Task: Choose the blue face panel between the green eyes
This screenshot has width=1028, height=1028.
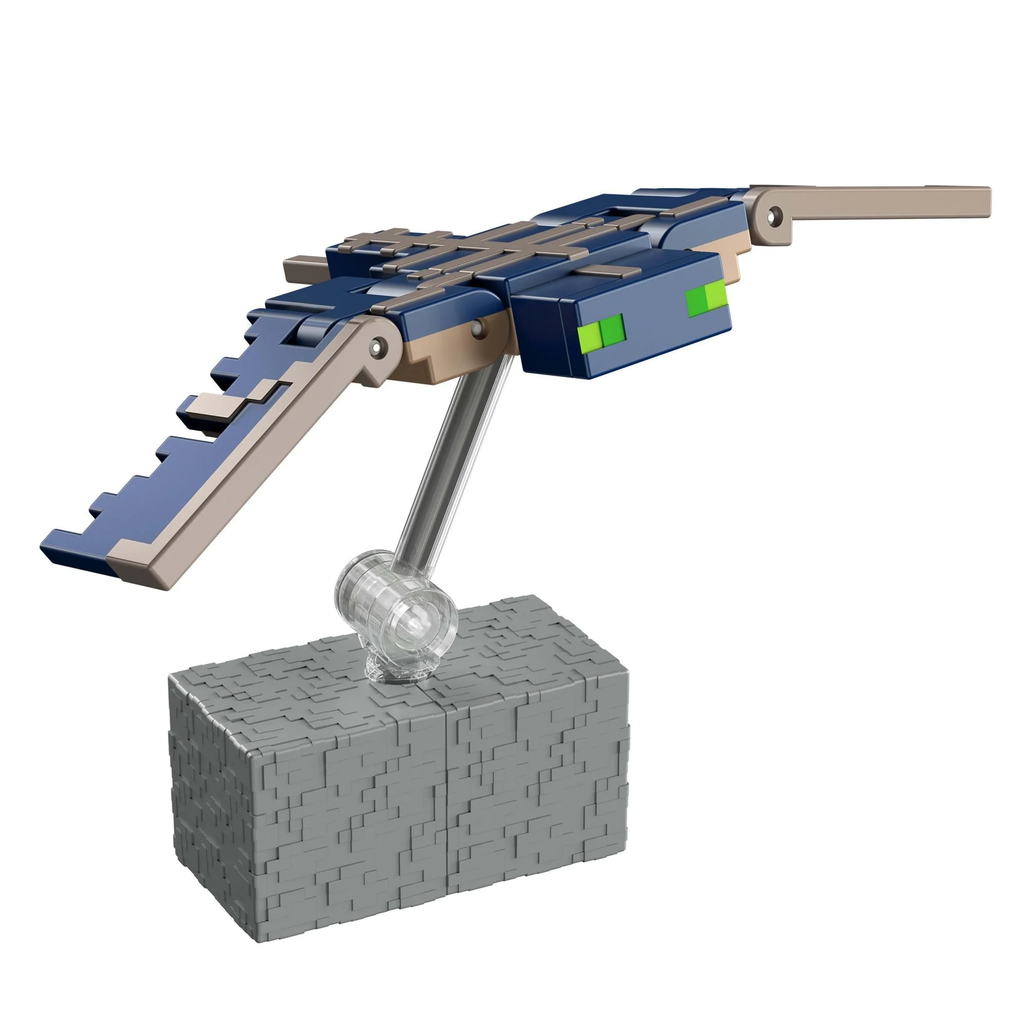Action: coord(654,319)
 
